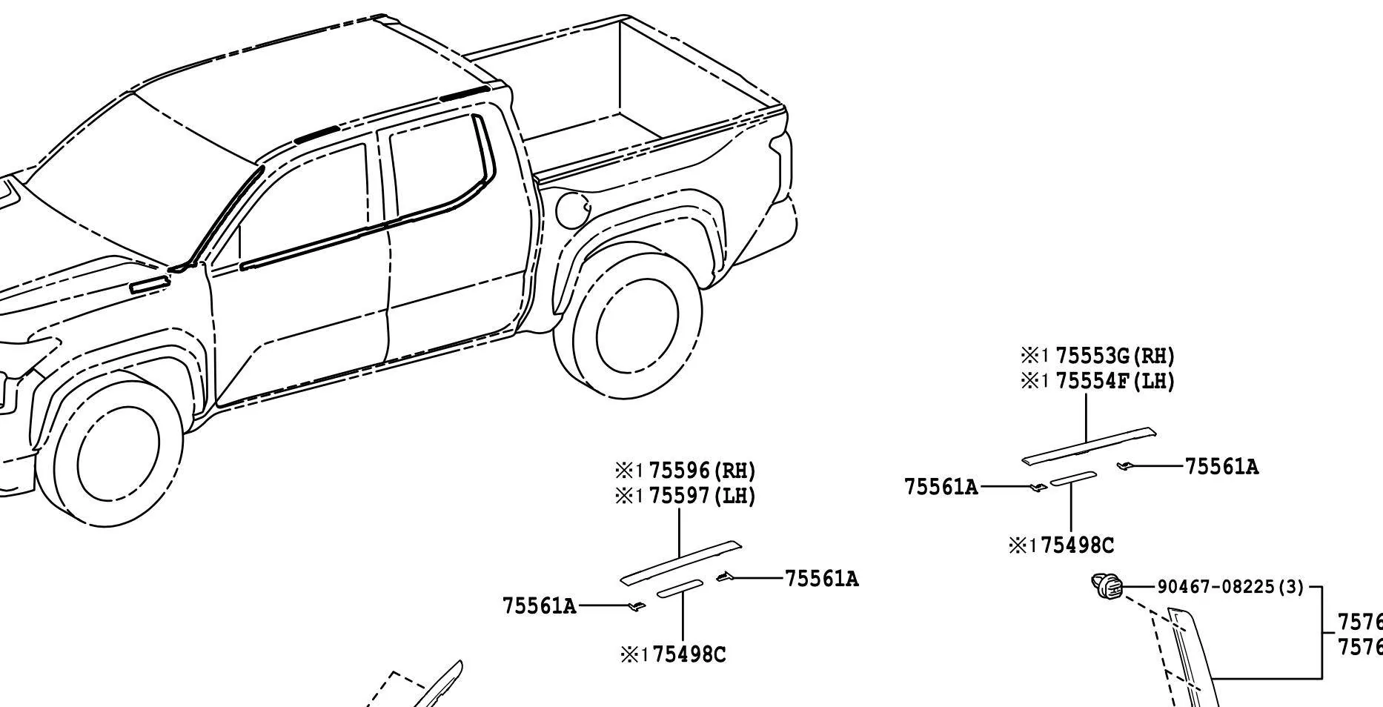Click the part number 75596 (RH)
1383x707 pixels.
click(701, 471)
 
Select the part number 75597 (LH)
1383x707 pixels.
click(701, 495)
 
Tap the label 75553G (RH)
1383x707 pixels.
click(1114, 356)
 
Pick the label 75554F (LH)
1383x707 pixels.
click(1114, 381)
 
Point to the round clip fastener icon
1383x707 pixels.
click(1107, 586)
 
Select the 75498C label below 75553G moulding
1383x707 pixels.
click(1076, 546)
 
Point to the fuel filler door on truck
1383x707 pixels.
click(571, 210)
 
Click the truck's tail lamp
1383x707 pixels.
click(782, 163)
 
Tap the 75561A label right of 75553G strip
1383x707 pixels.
click(1221, 467)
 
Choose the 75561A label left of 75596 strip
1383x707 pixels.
click(540, 606)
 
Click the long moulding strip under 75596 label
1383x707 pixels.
click(680, 562)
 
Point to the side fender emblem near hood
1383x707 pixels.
click(148, 285)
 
